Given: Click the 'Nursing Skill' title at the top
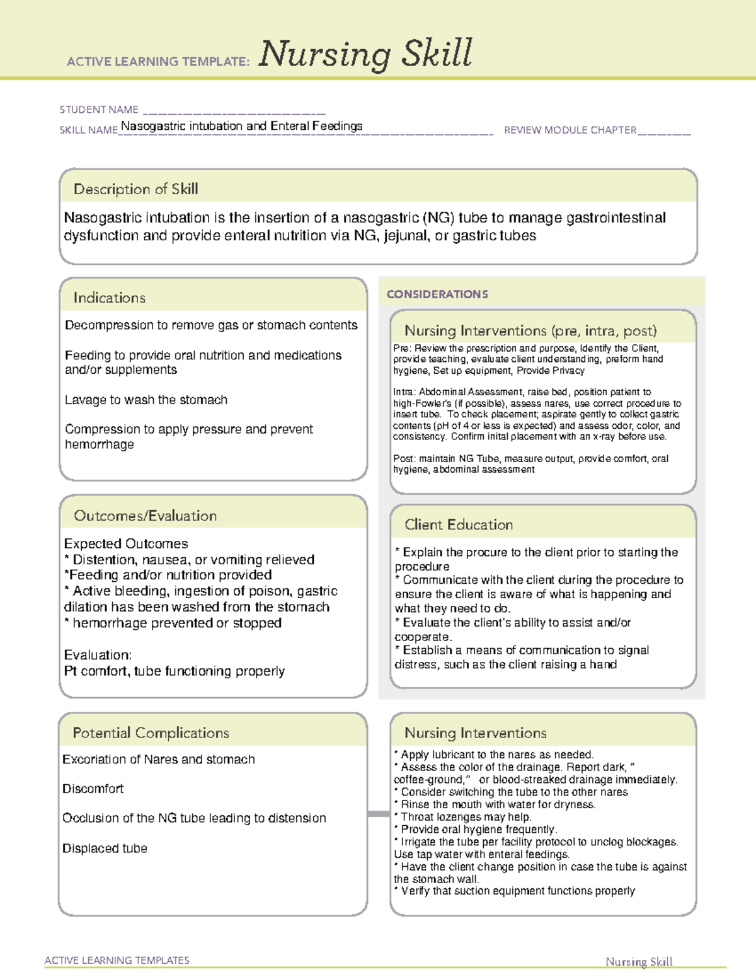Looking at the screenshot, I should click(x=365, y=54).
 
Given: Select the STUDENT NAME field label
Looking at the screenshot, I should click(x=99, y=110).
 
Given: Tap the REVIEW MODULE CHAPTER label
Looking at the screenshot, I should click(x=570, y=130).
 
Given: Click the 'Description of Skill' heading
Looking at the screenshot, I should click(x=135, y=189).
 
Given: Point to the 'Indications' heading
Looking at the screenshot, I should click(x=110, y=298).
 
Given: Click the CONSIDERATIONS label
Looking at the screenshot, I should click(x=437, y=294).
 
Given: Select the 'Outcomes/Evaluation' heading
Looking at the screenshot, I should click(x=146, y=516).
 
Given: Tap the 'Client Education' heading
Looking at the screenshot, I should click(x=459, y=524).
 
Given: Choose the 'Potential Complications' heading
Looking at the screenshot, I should click(x=151, y=733).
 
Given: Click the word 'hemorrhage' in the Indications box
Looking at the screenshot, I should click(x=100, y=444).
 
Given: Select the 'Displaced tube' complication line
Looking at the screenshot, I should click(x=105, y=849).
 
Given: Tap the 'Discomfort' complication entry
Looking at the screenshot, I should click(x=93, y=789).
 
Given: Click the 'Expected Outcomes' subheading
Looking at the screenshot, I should click(x=126, y=543).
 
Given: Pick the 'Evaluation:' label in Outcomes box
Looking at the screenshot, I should click(x=98, y=655).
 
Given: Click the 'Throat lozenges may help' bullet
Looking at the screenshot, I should click(x=466, y=817).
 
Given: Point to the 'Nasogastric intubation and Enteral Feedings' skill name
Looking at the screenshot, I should click(x=241, y=126).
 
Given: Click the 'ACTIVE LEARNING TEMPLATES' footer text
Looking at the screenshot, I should click(x=117, y=960).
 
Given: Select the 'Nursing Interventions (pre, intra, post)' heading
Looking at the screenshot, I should click(x=530, y=331).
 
